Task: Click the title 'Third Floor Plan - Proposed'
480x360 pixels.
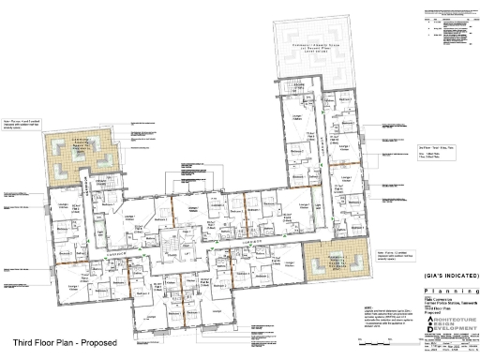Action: tap(64, 343)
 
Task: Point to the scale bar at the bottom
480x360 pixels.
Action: tap(448, 353)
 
